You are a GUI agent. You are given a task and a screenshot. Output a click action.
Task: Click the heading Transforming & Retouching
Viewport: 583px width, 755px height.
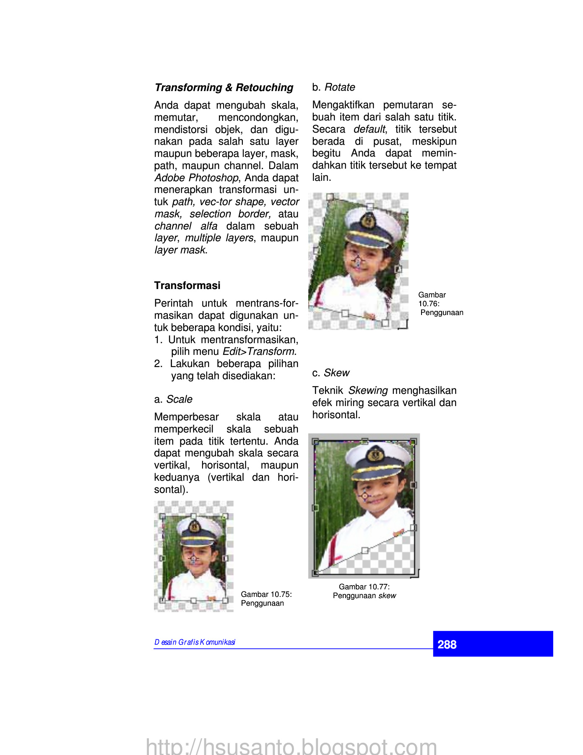click(x=224, y=87)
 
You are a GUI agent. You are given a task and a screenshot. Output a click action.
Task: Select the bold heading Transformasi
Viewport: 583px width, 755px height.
click(x=187, y=286)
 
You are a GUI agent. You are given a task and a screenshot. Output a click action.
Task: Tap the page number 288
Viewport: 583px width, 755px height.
click(x=447, y=644)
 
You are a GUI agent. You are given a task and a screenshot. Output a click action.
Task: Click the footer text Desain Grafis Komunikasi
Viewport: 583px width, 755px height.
click(x=195, y=642)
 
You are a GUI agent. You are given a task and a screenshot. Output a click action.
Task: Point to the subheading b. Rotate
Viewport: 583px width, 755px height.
click(x=333, y=87)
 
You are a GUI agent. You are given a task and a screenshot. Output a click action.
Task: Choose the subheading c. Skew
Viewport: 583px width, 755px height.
click(x=331, y=373)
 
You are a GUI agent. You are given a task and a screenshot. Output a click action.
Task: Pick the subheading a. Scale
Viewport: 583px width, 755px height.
click(x=173, y=399)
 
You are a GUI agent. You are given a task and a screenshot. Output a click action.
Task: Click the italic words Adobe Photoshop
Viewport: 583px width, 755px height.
click(x=196, y=178)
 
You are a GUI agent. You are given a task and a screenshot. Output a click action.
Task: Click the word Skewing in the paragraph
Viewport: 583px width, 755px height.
click(x=368, y=391)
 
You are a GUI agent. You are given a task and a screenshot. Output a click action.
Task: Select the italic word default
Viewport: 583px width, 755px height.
click(x=369, y=129)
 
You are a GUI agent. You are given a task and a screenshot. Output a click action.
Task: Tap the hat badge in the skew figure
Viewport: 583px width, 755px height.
click(x=375, y=454)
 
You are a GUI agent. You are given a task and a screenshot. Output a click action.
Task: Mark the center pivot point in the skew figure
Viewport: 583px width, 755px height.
click(x=365, y=496)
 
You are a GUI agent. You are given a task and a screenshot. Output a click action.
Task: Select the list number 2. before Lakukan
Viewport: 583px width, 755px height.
click(x=158, y=364)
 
